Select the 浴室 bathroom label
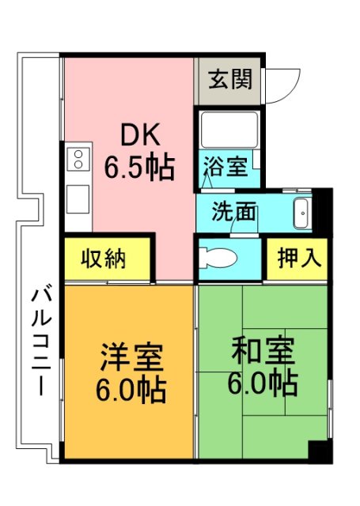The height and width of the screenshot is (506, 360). (225, 167)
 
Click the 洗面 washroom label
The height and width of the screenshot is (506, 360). (234, 211)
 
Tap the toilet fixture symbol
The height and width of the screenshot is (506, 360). (217, 257)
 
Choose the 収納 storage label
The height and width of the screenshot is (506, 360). (105, 258)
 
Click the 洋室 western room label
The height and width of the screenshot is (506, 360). (131, 357)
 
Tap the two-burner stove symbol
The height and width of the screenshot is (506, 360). (79, 159)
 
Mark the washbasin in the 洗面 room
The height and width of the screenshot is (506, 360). (302, 212)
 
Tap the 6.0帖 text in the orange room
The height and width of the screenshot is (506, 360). (131, 390)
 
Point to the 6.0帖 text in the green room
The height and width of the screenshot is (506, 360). (263, 383)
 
